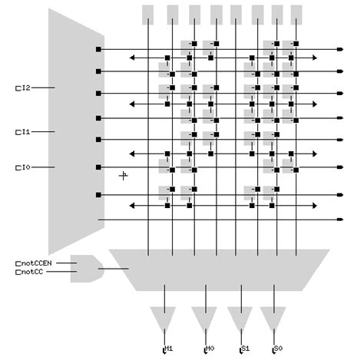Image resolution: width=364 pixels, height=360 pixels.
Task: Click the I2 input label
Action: coord(23,88)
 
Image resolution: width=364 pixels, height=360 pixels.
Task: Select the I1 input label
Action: coord(23,132)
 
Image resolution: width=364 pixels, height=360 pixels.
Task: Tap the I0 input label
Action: coord(23,167)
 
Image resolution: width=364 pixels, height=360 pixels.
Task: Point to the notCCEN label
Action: coord(34,263)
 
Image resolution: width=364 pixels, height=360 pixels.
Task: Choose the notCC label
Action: coord(31,272)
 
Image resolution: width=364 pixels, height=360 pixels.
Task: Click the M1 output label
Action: coord(169,348)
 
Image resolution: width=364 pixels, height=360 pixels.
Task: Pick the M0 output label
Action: coord(209,348)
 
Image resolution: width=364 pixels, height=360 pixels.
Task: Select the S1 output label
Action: coord(244,348)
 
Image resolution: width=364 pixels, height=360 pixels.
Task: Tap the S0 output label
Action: coord(277,348)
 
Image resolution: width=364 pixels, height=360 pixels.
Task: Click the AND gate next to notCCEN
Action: coord(84,268)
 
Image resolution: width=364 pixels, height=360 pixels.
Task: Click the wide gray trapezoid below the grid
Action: coord(219,269)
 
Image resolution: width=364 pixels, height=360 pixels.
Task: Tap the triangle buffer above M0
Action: coord(205,317)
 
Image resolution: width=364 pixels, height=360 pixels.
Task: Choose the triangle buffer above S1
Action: coord(240,317)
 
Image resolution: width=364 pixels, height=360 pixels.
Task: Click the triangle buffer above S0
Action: coord(273,317)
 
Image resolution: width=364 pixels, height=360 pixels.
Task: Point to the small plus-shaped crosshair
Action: coord(123,176)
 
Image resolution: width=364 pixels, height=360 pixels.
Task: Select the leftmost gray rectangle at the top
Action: coord(149,13)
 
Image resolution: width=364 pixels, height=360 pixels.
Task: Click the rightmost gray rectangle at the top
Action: coord(296,13)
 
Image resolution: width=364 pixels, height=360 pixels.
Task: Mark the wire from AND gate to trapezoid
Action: coord(114,269)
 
